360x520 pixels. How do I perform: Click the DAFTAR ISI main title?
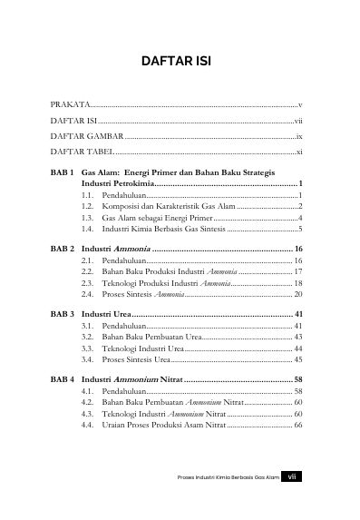[179, 63]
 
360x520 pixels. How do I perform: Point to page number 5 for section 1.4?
[299, 231]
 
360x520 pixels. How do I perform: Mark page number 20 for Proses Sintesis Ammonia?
[297, 295]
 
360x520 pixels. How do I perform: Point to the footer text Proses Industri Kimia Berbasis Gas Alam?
[228, 497]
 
